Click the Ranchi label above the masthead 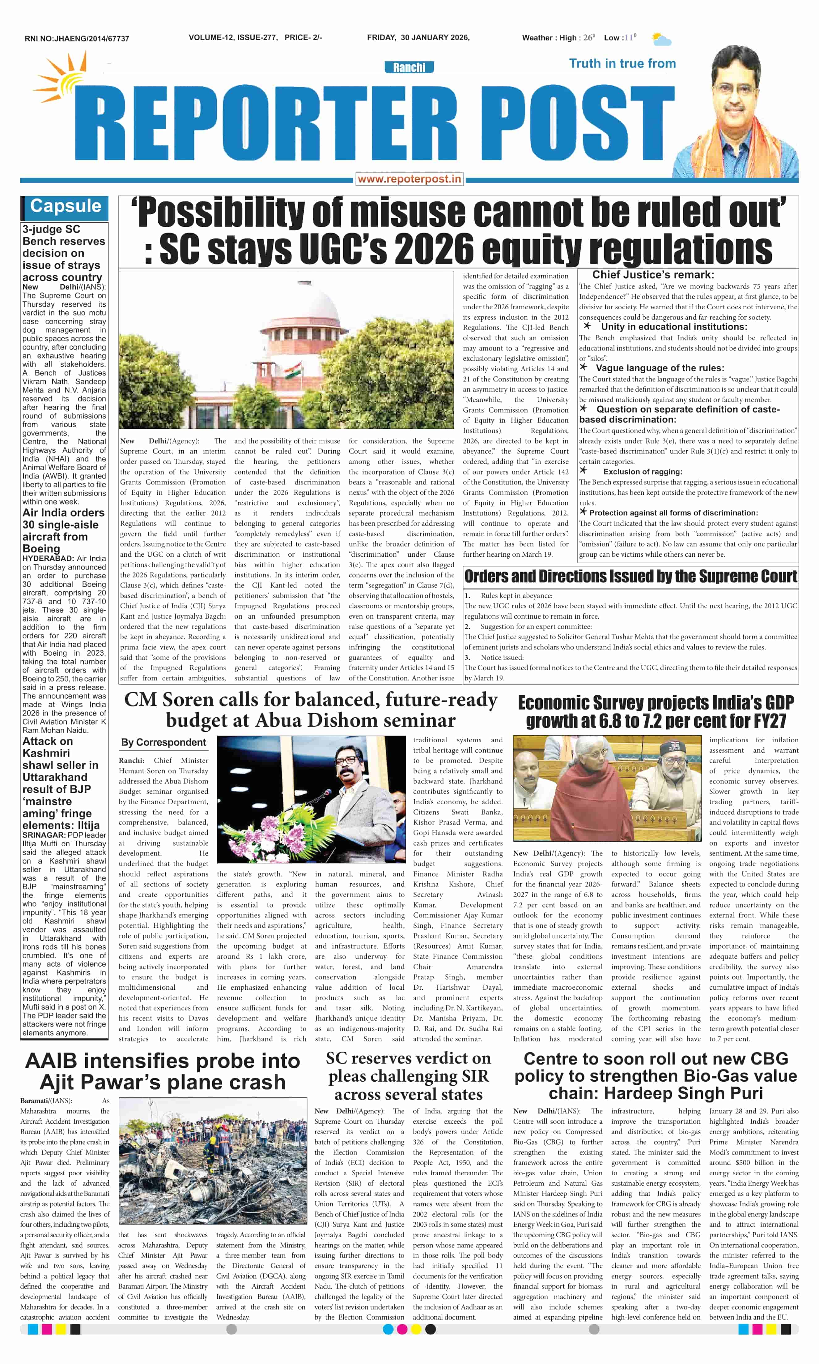[x=409, y=67]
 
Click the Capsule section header [x=65, y=207]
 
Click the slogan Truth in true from [x=622, y=63]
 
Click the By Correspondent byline [x=163, y=743]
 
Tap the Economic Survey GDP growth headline [x=656, y=711]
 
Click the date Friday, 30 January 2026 [x=418, y=37]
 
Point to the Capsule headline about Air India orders [x=63, y=530]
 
